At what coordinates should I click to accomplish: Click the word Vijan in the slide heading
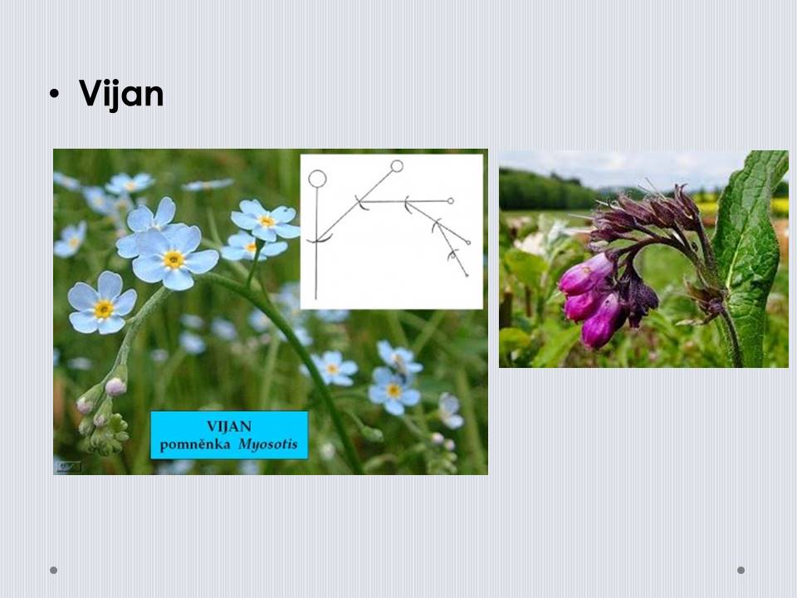[x=121, y=94]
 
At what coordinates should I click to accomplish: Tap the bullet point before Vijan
[x=55, y=94]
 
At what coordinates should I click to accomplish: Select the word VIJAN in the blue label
[x=229, y=426]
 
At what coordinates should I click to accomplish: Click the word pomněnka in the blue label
[x=194, y=445]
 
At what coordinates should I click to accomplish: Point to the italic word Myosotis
[x=268, y=444]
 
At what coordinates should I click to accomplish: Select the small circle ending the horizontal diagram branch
[x=450, y=201]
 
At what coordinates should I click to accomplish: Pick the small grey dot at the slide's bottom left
[x=53, y=570]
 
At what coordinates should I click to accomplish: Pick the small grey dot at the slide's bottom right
[x=741, y=570]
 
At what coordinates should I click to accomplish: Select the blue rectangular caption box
[x=229, y=435]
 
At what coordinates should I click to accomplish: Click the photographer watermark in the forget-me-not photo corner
[x=68, y=466]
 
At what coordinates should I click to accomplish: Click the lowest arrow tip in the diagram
[x=467, y=276]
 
